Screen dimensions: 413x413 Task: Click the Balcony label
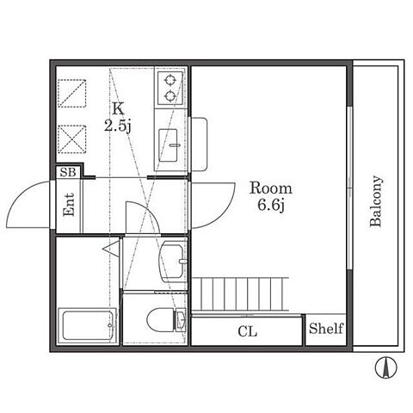376,201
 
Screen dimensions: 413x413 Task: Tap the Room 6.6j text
271,196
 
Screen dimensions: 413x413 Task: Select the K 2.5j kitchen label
118,118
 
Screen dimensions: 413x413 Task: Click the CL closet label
248,331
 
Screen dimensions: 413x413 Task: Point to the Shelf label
326,329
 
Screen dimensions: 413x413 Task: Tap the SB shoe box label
68,172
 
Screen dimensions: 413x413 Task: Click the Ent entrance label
69,205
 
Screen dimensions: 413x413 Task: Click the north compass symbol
386,367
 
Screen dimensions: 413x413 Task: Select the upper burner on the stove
170,80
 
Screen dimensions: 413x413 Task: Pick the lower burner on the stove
170,96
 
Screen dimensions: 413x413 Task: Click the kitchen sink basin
168,145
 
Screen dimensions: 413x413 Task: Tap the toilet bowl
161,320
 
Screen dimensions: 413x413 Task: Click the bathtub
88,325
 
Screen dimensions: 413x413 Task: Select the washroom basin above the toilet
173,261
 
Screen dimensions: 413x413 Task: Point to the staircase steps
240,294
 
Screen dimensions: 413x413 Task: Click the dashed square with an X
72,139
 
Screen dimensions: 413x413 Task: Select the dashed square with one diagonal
72,94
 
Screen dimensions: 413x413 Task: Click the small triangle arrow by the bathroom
112,249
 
